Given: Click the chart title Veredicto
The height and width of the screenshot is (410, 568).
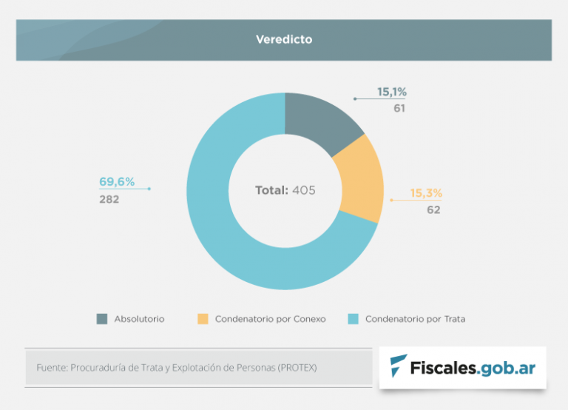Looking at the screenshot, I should coord(284,39).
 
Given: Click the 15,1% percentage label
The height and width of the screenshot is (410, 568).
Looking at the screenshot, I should coord(392,92).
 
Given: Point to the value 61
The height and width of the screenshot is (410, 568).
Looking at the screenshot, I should coord(399,108).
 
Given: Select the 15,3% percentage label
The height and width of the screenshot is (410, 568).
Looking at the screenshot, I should coord(426,193).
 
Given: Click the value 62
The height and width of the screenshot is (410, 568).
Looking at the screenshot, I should coord(433,209).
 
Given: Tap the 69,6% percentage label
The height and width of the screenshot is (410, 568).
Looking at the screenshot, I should coord(117,182).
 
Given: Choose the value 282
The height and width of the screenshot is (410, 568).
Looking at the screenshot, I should coord(109,199).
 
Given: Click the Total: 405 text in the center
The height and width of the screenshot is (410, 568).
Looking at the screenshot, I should coord(285,190).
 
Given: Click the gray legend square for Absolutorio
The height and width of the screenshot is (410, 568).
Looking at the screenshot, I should coord(102,319).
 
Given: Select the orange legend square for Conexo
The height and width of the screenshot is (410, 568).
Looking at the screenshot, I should coord(203,319).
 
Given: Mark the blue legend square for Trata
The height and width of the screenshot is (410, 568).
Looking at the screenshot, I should coord(353,319).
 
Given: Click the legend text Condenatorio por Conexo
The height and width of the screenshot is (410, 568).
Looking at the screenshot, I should coord(270,319).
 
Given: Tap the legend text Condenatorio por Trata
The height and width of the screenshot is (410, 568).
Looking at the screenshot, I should coord(415,319).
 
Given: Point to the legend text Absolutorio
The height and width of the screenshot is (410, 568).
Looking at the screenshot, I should coord(139,319).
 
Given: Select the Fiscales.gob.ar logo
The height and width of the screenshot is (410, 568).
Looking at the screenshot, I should coord(462,366).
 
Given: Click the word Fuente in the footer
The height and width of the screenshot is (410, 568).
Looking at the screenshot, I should coord(50,367).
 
